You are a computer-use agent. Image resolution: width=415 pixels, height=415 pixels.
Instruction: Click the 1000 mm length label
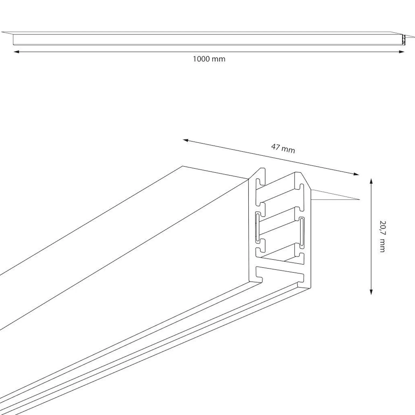point(209,59)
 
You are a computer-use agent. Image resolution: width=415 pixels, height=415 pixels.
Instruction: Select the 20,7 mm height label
point(382,236)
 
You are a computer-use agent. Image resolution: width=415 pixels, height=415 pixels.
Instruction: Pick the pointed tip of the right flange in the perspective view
point(360,200)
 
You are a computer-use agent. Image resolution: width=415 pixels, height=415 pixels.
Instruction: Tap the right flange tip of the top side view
point(414,38)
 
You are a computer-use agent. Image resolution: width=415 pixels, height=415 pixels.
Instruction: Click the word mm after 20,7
point(382,246)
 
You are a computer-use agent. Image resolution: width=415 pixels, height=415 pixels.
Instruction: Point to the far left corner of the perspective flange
point(183,166)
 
